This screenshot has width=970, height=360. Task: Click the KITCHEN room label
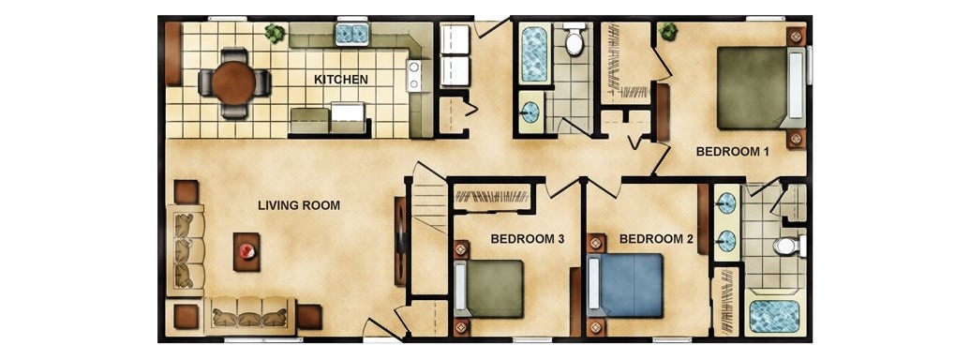point(341,79)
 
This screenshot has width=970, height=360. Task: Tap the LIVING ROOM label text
point(299,205)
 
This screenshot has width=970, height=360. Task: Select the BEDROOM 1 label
point(733,152)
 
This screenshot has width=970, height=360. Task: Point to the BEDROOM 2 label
point(657,239)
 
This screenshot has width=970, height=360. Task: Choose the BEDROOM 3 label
point(527,239)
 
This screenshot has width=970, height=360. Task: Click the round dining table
point(234,82)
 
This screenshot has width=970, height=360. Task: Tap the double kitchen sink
point(351,34)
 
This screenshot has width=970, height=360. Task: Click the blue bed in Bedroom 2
point(625,286)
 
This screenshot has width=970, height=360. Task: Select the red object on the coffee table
point(247,250)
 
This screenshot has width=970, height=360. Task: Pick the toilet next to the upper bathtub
point(575,39)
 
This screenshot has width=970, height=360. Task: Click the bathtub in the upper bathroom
point(534,53)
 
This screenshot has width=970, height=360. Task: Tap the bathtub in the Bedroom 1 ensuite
point(774,316)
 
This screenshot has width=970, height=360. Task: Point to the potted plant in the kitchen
point(275,33)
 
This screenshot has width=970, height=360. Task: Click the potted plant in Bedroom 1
point(667,30)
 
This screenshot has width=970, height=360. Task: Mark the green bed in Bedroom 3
point(488,289)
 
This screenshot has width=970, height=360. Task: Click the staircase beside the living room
point(428,198)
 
